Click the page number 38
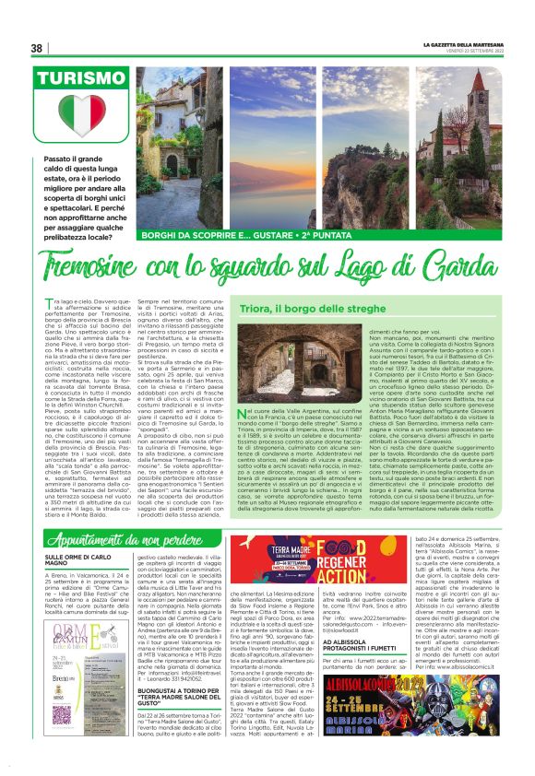[x=37, y=48]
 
